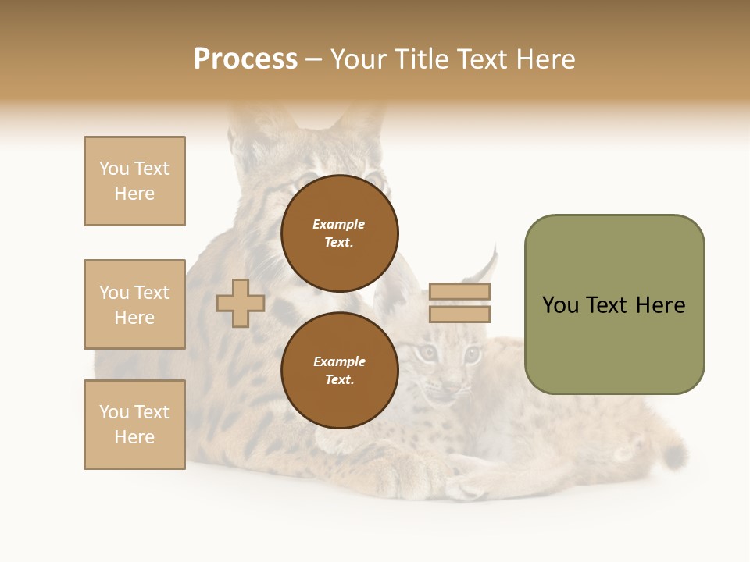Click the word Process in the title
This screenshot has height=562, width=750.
pos(245,59)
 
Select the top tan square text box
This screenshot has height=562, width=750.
pos(134,181)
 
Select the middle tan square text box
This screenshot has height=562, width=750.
pos(134,304)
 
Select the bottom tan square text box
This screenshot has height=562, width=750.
pos(134,425)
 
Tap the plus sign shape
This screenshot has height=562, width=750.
pos(241,303)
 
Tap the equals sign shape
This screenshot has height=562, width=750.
pos(459,303)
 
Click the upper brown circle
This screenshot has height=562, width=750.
pos(340,233)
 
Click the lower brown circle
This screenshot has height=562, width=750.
pos(340,371)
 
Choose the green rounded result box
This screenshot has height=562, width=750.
pos(614,304)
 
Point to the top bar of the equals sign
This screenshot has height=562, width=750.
pos(459,292)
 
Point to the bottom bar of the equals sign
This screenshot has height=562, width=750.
pos(459,314)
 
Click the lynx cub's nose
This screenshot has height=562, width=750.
pos(451,384)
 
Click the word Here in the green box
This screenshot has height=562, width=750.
pos(660,305)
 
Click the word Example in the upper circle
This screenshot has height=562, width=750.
pos(338,224)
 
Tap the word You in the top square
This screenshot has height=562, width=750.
pos(114,169)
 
